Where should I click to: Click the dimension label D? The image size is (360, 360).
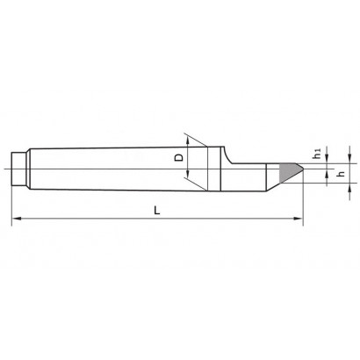tap(179, 157)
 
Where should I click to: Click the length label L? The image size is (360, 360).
tap(157, 210)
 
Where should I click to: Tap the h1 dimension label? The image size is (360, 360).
tap(317, 154)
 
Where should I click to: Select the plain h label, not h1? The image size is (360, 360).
tap(341, 174)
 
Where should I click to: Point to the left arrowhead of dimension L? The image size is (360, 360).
tap(16, 219)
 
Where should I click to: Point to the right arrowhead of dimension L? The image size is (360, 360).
tap(298, 219)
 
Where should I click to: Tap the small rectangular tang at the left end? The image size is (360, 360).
tap(18, 169)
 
